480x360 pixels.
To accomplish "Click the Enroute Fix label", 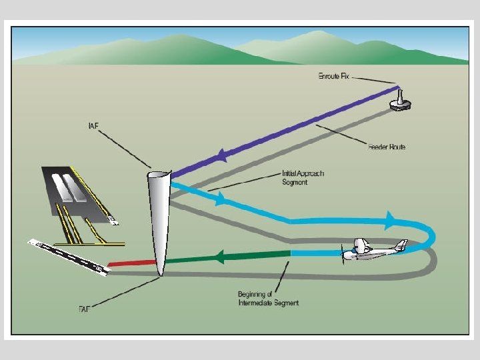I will [x=333, y=76].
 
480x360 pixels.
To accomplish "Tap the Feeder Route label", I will [x=386, y=146].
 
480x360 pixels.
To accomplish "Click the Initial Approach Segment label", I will [x=303, y=178].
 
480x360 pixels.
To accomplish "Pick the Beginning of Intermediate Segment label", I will [x=268, y=299].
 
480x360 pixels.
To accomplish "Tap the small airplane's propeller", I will [x=345, y=253].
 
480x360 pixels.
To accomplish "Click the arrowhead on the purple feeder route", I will [x=220, y=157].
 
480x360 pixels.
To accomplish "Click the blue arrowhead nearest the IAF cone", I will [x=218, y=198].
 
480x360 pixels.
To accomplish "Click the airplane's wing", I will [x=364, y=246].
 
